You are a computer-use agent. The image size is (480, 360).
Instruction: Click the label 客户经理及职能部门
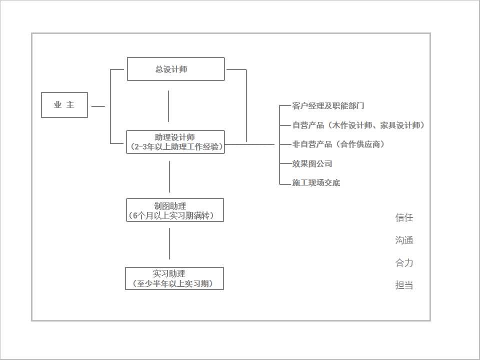(x=328, y=106)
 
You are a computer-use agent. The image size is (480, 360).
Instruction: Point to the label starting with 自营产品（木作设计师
(x=358, y=125)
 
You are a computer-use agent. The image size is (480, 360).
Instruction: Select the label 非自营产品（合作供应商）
(x=338, y=144)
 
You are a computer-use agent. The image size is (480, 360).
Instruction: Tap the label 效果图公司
(x=312, y=164)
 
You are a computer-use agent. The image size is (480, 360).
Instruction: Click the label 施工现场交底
(x=316, y=183)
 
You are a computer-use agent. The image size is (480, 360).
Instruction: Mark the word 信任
(x=404, y=217)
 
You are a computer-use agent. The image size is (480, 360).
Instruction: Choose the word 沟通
(x=404, y=240)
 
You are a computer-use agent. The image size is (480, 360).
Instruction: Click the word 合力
(x=404, y=262)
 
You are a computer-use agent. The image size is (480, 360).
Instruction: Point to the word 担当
(x=404, y=285)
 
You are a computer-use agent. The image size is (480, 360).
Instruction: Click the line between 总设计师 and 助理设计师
(x=168, y=106)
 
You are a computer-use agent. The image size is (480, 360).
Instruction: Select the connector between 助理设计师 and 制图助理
(x=169, y=176)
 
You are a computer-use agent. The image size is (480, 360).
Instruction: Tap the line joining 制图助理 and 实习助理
(x=169, y=243)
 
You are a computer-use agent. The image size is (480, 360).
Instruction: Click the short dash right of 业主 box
(x=98, y=106)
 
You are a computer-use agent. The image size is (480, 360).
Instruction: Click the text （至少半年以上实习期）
(x=173, y=283)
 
